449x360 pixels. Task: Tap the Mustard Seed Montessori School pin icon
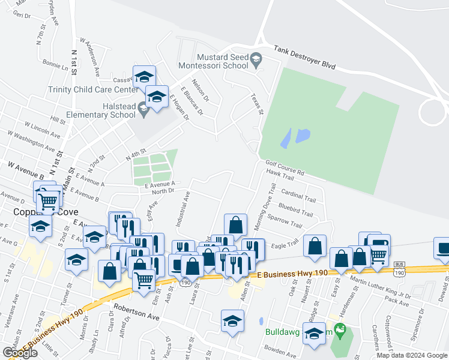(256, 59)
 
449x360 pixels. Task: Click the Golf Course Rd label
(285, 167)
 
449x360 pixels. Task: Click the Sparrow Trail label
(286, 222)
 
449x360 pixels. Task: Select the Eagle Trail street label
(283, 244)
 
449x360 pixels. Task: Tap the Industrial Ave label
(182, 209)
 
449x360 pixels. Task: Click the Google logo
(20, 353)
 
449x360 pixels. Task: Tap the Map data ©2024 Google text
(412, 355)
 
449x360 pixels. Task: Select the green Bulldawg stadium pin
(340, 329)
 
